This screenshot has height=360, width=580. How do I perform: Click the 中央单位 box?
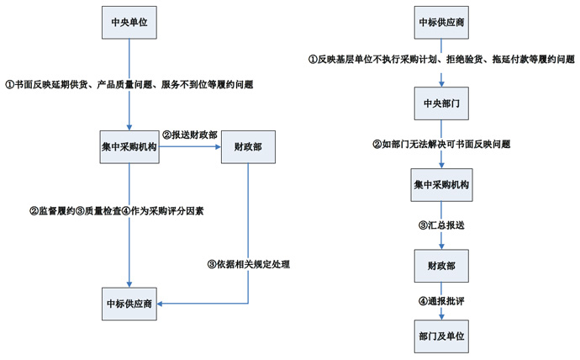[x=129, y=21]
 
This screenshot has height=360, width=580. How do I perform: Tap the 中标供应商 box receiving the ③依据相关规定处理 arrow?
[x=129, y=304]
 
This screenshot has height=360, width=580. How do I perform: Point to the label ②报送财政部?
[x=191, y=135]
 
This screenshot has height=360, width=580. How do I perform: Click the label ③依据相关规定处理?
[x=248, y=264]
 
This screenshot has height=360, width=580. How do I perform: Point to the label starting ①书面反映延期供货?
[x=129, y=85]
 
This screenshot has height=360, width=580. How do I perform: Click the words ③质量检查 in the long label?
[x=98, y=211]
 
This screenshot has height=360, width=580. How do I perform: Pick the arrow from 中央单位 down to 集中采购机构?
[x=129, y=63]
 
